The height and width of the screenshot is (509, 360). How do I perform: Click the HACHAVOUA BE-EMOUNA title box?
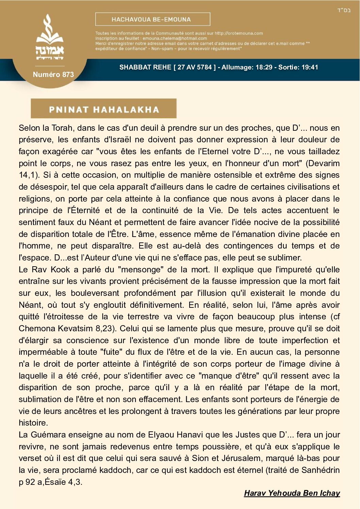[x=152, y=19]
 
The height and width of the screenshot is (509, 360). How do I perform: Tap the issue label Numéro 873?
[x=53, y=75]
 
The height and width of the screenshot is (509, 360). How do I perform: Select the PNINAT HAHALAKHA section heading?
[x=104, y=109]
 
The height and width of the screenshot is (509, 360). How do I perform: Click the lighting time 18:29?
[x=264, y=67]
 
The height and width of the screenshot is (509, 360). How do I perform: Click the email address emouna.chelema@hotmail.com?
[x=175, y=38]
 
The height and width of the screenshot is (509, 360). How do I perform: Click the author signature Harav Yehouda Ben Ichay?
[x=292, y=493]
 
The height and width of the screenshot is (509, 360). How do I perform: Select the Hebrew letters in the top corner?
[x=344, y=10]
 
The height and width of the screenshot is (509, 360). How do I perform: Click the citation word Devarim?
[x=323, y=163]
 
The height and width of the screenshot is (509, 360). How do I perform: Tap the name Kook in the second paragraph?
[x=60, y=270]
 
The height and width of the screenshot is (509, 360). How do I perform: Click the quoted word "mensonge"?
[x=140, y=270]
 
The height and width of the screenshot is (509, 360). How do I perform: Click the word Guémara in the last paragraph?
[x=48, y=435]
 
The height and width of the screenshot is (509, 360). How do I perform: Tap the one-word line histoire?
[x=33, y=423]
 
